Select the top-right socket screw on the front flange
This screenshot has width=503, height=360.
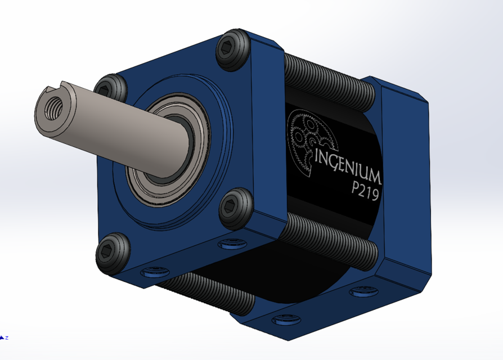232,50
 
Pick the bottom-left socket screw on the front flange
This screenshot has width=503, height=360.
110,254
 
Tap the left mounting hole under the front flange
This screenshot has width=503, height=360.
153,273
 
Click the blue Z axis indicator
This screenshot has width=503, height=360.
4,337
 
